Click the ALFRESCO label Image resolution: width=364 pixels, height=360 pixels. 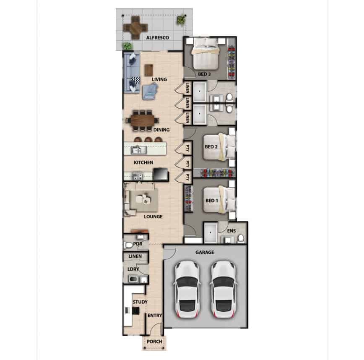(158, 38)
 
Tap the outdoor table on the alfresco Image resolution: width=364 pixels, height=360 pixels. (135, 28)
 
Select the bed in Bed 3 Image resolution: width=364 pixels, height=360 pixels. (205, 54)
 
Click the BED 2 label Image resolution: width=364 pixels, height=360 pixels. (211, 147)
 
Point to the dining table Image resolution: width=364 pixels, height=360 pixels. (143, 120)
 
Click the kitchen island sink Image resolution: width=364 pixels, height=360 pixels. (139, 150)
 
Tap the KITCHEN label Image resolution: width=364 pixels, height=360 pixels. (143, 162)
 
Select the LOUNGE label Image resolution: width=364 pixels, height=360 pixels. (153, 217)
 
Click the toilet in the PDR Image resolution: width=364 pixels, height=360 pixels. (128, 245)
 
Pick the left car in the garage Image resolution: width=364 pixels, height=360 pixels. (187, 290)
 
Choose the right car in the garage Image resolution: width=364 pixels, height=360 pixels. (224, 290)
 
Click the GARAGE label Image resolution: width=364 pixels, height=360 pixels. (205, 253)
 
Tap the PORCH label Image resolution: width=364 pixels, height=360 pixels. (155, 342)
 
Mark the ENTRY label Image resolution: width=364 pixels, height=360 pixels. (155, 316)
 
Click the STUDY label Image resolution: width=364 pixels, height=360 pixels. (140, 302)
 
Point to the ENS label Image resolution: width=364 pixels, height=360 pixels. (231, 231)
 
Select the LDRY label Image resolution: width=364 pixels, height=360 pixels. (133, 269)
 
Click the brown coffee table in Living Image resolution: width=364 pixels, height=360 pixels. (149, 70)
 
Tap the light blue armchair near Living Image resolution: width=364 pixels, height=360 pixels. (150, 92)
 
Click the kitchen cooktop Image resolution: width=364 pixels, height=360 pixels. (138, 176)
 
